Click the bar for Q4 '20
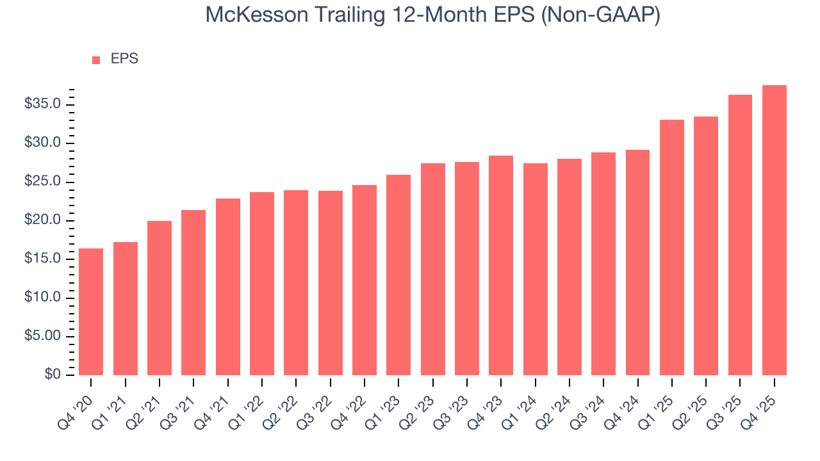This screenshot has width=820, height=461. (91, 312)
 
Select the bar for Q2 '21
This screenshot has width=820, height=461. (160, 298)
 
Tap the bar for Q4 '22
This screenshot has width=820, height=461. (365, 280)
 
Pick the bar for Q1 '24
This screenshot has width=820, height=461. (535, 269)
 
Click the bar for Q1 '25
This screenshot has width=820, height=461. (672, 247)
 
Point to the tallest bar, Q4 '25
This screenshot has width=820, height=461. (775, 230)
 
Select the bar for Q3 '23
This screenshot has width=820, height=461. (467, 268)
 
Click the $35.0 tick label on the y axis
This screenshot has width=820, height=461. (42, 104)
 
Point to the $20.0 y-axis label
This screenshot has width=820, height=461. (42, 220)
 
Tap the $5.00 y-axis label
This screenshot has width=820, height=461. (42, 336)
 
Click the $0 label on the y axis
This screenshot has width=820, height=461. (52, 375)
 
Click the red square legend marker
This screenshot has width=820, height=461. (96, 60)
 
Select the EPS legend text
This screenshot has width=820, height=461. (124, 59)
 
